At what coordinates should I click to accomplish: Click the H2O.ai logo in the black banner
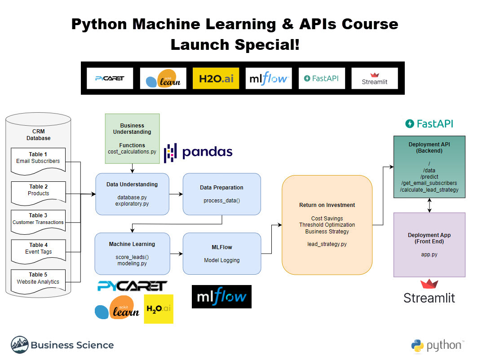[216, 78]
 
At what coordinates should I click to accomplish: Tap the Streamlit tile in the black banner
[375, 78]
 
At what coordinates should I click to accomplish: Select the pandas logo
[198, 152]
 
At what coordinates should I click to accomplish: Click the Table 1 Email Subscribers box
[38, 161]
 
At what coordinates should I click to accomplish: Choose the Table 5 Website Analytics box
[38, 281]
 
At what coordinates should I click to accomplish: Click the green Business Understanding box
[132, 139]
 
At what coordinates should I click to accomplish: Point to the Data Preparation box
[221, 194]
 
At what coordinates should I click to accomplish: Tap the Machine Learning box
[132, 254]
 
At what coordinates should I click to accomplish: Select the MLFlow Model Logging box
[221, 254]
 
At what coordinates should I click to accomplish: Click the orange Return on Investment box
[327, 225]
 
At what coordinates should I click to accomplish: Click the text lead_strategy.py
[327, 244]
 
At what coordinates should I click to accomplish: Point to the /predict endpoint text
[429, 177]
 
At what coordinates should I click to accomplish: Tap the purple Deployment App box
[429, 245]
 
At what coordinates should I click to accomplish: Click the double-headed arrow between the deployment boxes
[429, 205]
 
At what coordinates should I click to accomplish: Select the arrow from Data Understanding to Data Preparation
[176, 194]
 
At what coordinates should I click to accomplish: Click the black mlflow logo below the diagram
[221, 297]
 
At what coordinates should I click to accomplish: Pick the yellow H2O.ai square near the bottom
[159, 309]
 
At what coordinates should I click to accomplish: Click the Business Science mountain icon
[20, 345]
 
